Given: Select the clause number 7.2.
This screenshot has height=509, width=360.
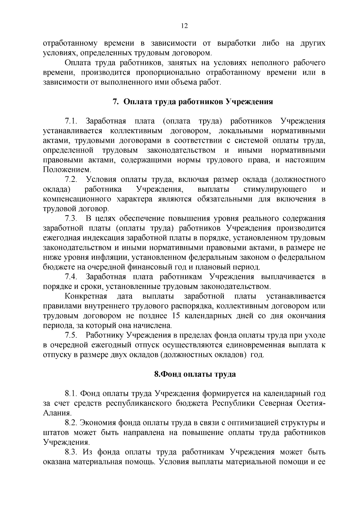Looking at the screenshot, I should (71, 180).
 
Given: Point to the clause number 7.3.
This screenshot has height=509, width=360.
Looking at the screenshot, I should (71, 219).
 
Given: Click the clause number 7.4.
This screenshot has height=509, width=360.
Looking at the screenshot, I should (71, 277).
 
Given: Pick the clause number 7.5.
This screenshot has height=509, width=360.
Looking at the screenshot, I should (71, 335).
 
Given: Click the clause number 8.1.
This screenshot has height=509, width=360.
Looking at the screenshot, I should (71, 393).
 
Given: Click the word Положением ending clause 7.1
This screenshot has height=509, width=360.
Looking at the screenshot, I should (62, 170).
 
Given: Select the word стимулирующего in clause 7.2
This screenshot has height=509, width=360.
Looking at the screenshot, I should (275, 190).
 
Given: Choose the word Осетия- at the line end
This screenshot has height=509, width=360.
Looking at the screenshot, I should (311, 403).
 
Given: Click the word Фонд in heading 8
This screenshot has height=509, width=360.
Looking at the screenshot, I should (172, 374).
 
